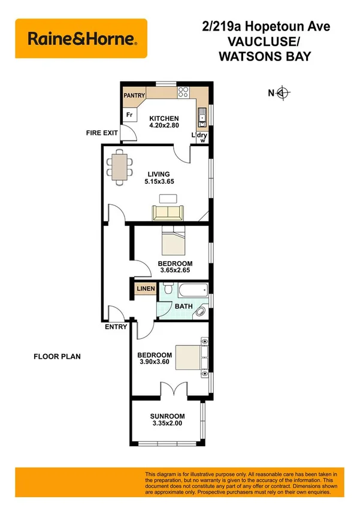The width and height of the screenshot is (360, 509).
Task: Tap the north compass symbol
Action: [283, 92]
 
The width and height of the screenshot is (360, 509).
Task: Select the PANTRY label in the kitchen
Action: [134, 95]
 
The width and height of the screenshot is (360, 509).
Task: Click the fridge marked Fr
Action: [129, 115]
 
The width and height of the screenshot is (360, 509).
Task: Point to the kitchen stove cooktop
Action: [184, 93]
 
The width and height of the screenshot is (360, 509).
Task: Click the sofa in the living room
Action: [169, 212]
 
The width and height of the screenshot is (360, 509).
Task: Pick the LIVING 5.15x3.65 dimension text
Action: [159, 178]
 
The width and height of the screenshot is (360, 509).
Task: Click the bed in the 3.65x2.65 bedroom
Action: [174, 243]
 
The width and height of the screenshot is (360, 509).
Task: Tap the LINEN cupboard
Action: [146, 289]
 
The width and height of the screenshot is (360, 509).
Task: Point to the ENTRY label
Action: [116, 327]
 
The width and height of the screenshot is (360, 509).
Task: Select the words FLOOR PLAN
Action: [56, 356]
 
